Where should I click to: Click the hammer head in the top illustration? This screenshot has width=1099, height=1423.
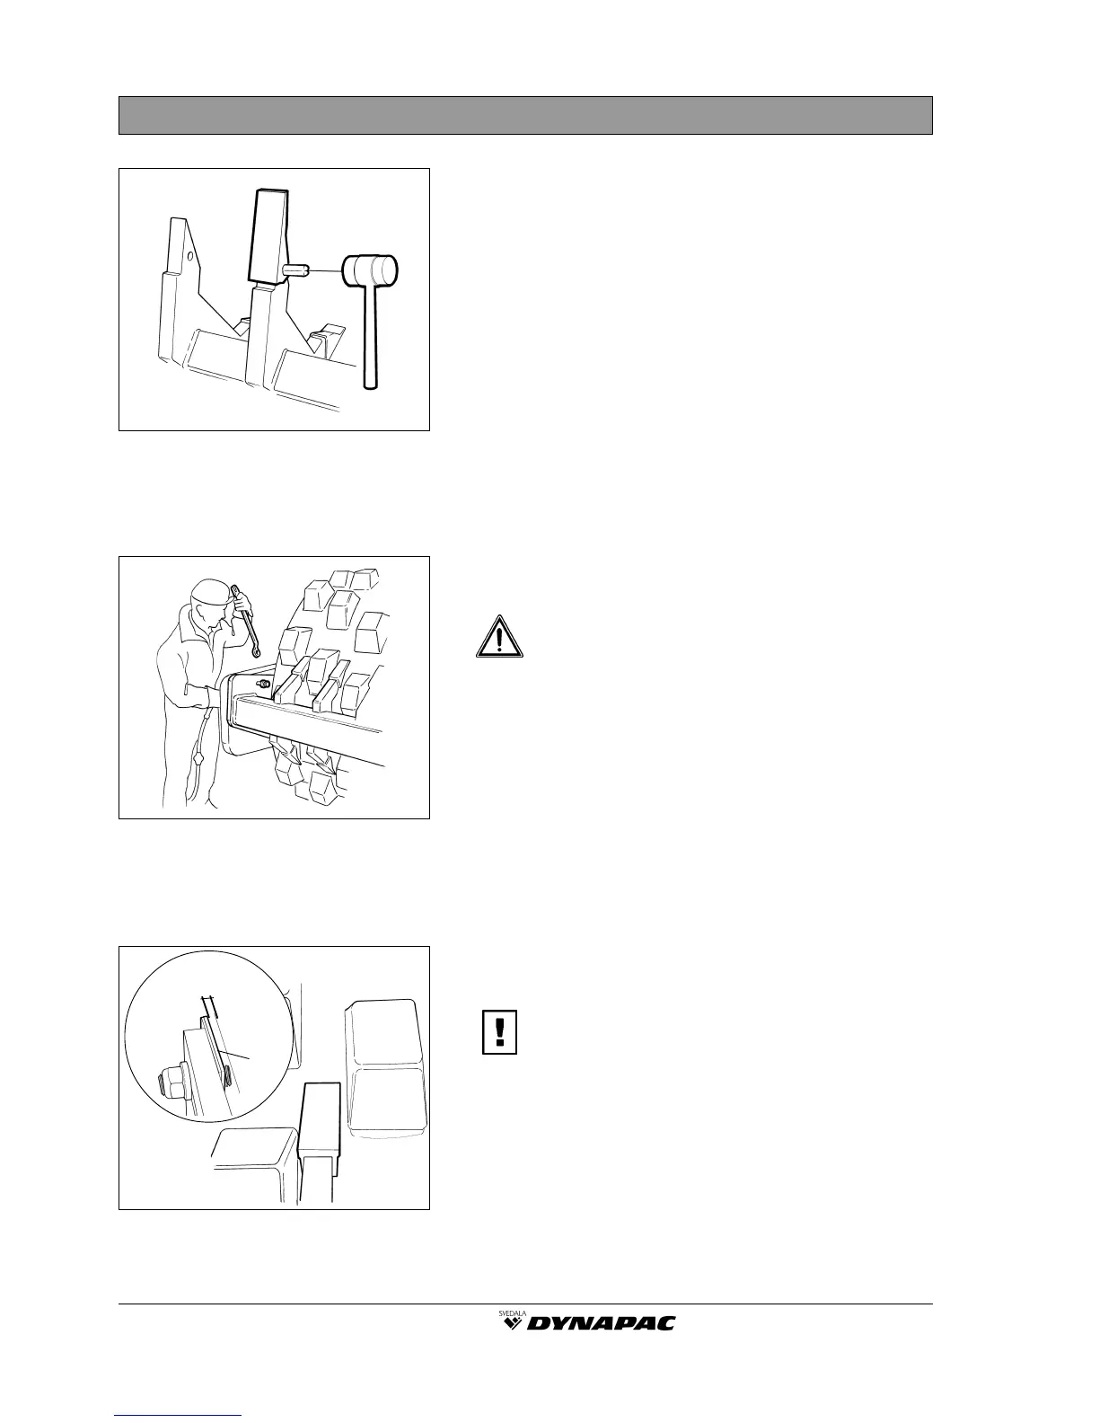pos(372,268)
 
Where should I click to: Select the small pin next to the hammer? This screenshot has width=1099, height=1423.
pos(296,269)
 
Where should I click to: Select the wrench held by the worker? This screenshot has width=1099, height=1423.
pos(245,621)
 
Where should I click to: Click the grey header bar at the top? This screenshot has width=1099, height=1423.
pos(525,115)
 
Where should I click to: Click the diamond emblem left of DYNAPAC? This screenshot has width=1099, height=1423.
pos(513,1323)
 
